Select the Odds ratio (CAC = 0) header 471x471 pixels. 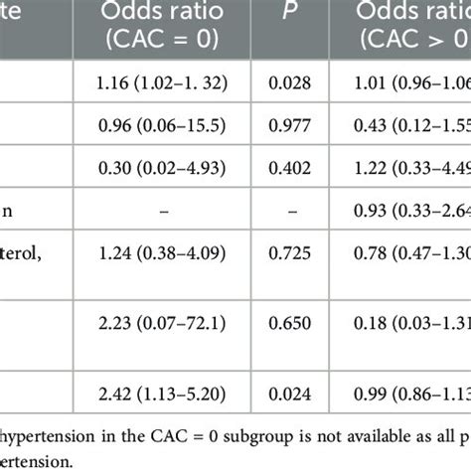tap(161, 21)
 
